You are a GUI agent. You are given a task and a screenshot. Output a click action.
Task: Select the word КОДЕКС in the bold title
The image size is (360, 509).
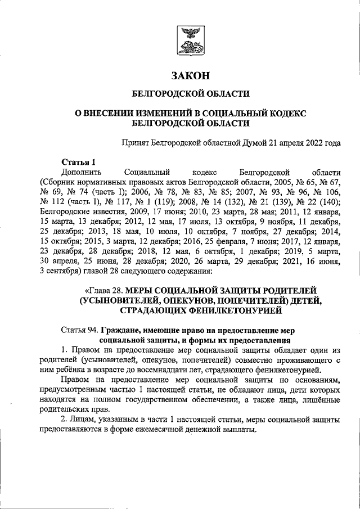(287, 112)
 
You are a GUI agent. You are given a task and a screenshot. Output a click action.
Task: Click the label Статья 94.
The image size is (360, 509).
(79, 330)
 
